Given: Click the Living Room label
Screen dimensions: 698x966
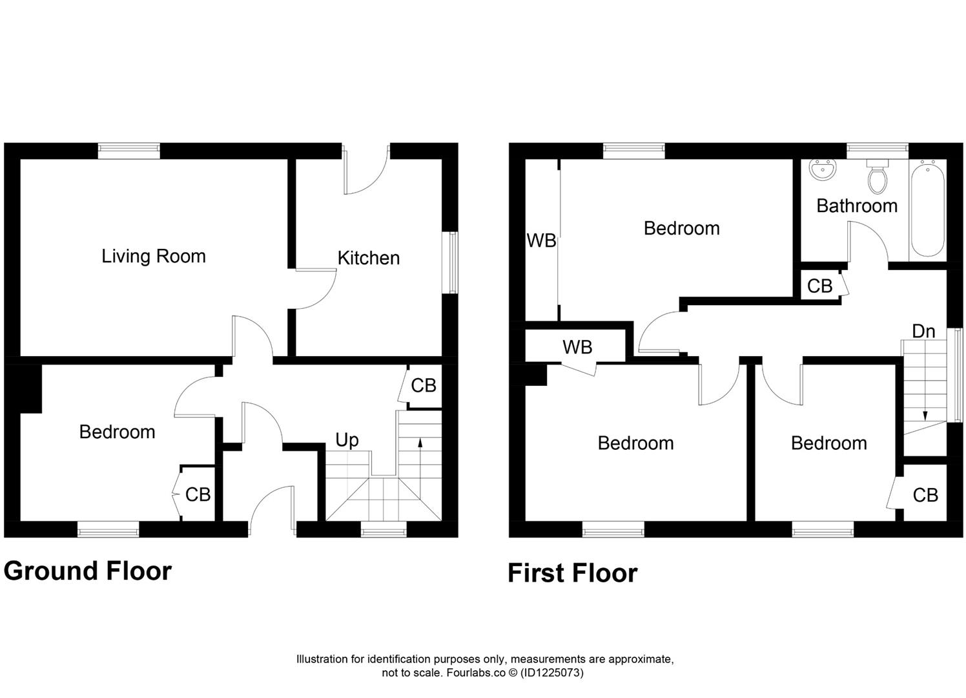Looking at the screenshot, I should click(154, 256).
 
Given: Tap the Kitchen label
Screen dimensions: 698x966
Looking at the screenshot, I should click(368, 258).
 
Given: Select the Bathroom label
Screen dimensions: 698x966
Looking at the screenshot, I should click(856, 206).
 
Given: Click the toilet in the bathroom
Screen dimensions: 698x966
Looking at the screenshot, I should click(877, 176).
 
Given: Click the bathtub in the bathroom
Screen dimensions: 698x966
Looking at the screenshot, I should click(927, 209).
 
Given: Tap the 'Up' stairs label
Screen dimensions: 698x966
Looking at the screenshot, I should click(347, 440).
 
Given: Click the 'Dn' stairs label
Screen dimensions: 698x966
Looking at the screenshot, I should click(923, 331).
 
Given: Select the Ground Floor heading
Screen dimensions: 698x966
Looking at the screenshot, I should click(87, 571).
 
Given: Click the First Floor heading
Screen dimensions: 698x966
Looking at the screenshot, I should click(572, 573).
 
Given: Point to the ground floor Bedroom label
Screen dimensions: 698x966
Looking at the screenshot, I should click(117, 432).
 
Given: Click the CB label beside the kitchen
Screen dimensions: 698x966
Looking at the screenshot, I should click(424, 386).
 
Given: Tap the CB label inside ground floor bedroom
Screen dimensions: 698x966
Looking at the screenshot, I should click(198, 494).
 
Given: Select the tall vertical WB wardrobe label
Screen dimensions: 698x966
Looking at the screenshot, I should click(541, 240).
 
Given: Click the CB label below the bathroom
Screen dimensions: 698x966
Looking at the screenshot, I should click(819, 286).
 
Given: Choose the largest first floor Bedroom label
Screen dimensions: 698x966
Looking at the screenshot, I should click(681, 228).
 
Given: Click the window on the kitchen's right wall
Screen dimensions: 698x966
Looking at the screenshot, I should click(453, 262).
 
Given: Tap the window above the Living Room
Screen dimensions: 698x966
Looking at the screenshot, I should click(128, 151).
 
